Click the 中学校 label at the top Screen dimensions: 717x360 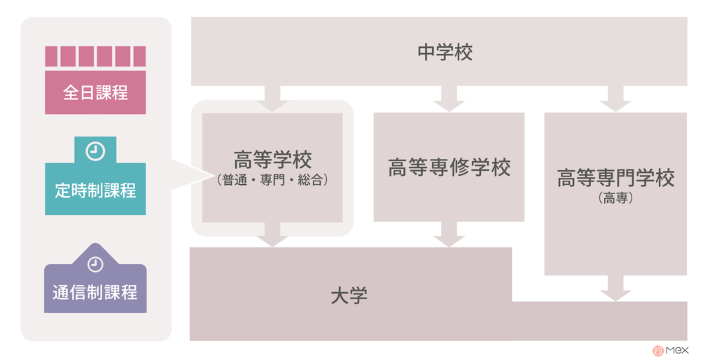[445, 52]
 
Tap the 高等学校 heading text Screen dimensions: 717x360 [272, 160]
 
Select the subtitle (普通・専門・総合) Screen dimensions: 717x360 [272, 180]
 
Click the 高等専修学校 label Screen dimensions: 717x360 [449, 167]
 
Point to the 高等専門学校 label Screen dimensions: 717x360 [615, 178]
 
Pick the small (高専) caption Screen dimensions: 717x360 [615, 198]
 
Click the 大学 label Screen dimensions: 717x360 [349, 296]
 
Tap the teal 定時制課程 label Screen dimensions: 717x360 [95, 191]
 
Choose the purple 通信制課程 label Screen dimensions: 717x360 [95, 292]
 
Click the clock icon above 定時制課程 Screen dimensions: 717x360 [95, 151]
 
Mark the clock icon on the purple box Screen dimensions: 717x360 [95, 264]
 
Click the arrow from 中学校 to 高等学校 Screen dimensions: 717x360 [272, 98]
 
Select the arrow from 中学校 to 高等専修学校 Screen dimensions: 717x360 [449, 98]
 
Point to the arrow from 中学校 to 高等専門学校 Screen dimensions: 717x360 [615, 98]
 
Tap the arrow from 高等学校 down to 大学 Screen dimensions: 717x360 [272, 235]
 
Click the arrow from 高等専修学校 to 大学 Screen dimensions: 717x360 [449, 235]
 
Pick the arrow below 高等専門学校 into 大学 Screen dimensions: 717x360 [615, 288]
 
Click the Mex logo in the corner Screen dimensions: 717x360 [670, 350]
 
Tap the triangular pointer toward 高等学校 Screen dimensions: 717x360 [192, 174]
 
